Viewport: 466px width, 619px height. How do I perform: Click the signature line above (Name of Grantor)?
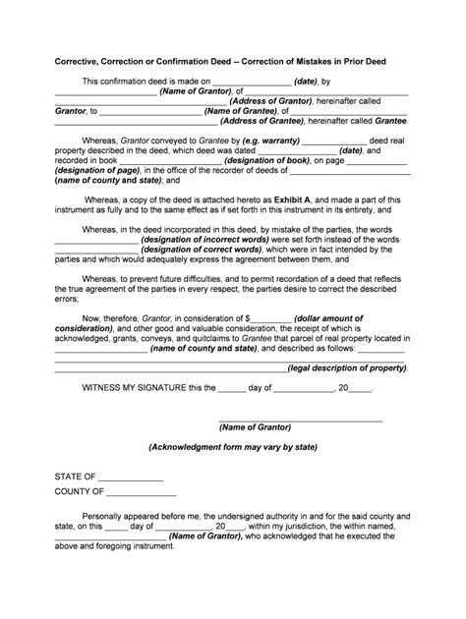(x=299, y=420)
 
